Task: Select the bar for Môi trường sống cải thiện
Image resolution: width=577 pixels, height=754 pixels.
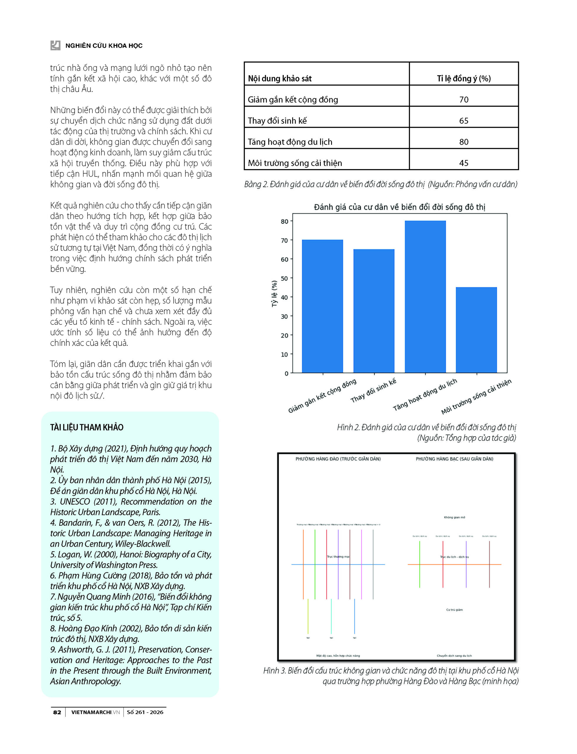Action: pyautogui.click(x=476, y=330)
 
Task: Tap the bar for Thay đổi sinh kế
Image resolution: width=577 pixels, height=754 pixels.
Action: pyautogui.click(x=374, y=311)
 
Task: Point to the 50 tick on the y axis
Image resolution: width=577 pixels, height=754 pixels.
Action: pyautogui.click(x=285, y=278)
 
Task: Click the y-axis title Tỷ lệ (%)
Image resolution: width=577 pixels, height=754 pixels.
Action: pyautogui.click(x=274, y=293)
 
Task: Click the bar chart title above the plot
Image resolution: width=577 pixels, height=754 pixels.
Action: pyautogui.click(x=399, y=207)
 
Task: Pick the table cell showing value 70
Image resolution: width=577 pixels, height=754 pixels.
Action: pyautogui.click(x=464, y=100)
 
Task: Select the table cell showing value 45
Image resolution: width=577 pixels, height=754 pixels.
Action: pyautogui.click(x=464, y=163)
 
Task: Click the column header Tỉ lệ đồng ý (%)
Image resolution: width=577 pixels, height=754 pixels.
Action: pyautogui.click(x=464, y=79)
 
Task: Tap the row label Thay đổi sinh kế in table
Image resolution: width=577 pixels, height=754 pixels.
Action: pyautogui.click(x=277, y=121)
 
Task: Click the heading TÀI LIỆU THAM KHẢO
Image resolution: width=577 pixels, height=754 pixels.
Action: pyautogui.click(x=87, y=427)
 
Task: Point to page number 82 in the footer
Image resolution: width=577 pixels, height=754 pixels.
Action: pyautogui.click(x=57, y=712)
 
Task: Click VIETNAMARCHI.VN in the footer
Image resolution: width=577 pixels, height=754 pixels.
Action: pyautogui.click(x=95, y=712)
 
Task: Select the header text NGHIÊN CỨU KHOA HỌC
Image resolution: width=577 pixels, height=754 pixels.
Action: pyautogui.click(x=104, y=46)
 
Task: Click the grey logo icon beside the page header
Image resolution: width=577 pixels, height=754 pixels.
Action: pyautogui.click(x=55, y=45)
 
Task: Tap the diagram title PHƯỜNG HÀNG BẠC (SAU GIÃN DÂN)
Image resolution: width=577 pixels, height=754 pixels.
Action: pyautogui.click(x=454, y=459)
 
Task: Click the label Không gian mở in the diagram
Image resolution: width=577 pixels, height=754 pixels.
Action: pyautogui.click(x=454, y=517)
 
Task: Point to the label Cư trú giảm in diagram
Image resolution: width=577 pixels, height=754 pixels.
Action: pyautogui.click(x=454, y=610)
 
